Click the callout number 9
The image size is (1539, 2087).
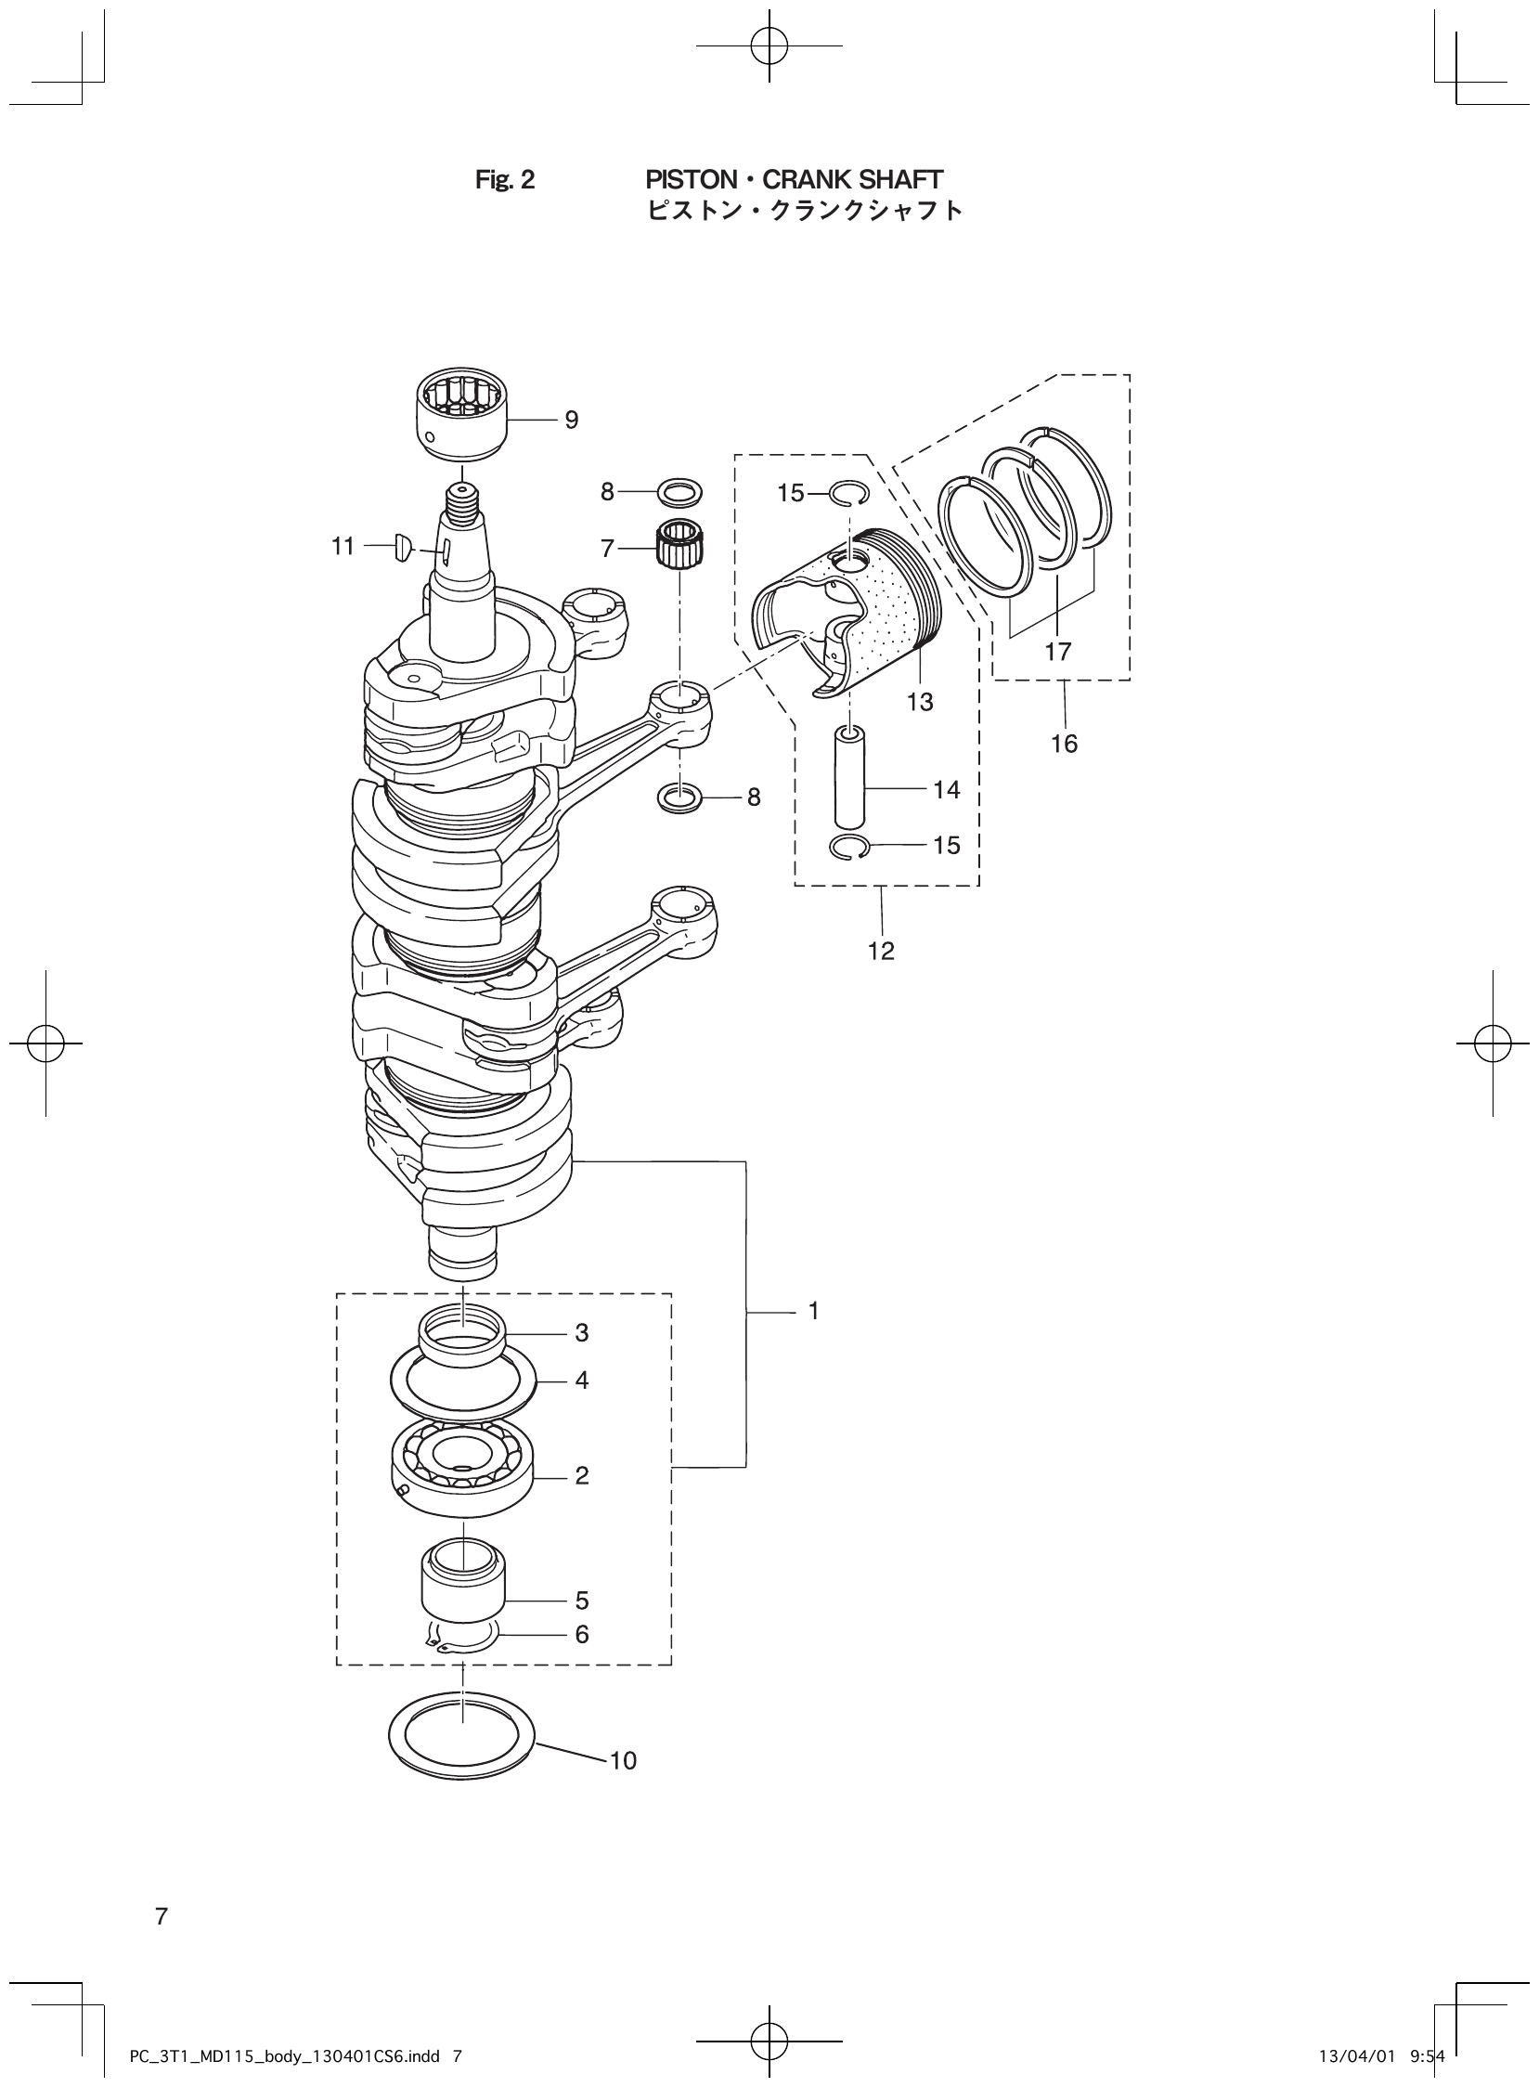click(571, 421)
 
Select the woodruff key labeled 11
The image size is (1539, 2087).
click(403, 546)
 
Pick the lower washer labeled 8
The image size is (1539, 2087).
click(680, 797)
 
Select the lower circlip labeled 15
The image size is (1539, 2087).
click(847, 847)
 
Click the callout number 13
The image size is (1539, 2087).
click(920, 703)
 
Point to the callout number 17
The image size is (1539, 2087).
click(1058, 651)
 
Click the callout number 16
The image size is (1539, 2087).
click(1064, 744)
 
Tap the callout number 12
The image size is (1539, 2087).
click(880, 952)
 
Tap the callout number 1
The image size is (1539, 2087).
click(813, 1311)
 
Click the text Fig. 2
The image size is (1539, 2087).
click(505, 180)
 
